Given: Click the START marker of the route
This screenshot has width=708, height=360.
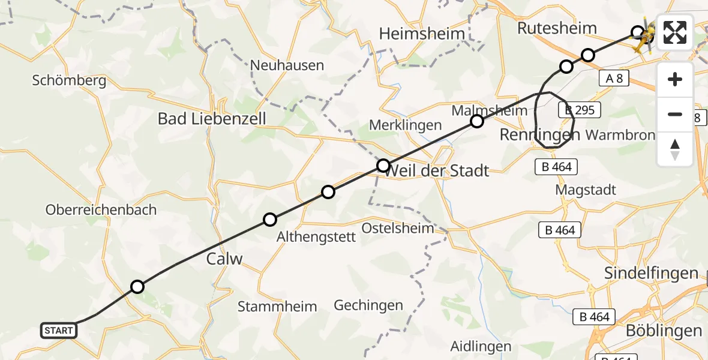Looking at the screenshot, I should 59,330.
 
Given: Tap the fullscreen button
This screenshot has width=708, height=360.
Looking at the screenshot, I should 675,32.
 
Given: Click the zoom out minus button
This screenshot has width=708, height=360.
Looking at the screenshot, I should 675,114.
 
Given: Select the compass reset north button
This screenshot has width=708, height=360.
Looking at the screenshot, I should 675,149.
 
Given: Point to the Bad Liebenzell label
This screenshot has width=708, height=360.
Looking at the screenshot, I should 212,118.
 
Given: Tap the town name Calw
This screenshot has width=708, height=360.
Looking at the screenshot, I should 224,259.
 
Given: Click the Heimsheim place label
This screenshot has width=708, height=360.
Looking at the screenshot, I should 422,34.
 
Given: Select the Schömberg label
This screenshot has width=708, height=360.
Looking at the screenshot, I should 70,80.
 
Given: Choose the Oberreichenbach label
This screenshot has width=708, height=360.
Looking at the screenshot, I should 101,210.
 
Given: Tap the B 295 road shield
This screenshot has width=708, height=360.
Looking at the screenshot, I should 579,110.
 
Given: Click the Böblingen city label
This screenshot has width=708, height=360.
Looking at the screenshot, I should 664,331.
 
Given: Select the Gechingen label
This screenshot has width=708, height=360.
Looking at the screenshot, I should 368,305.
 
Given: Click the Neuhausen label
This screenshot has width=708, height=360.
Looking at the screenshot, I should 287,65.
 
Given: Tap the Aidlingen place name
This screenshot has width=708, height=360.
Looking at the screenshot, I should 481,346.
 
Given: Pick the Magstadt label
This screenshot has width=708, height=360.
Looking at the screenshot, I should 586,190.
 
